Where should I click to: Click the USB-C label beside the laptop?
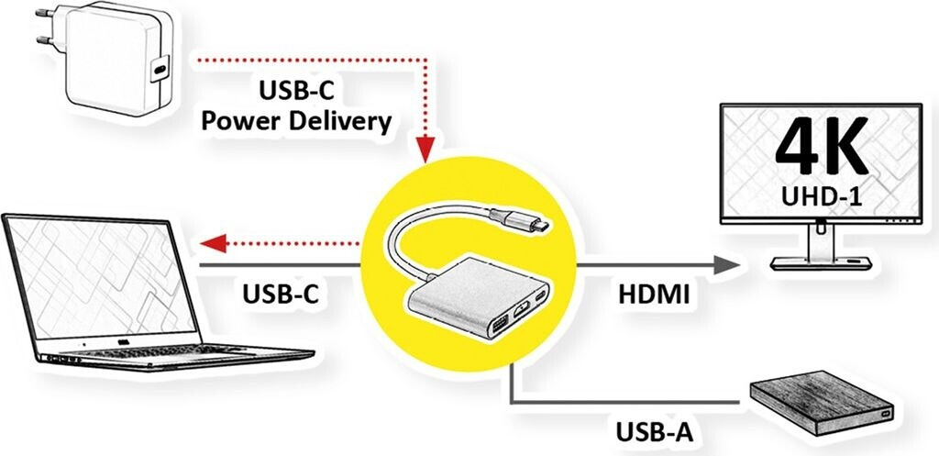coord(285,295)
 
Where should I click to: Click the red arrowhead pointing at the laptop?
coord(214,243)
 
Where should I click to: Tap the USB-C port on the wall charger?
coord(161,69)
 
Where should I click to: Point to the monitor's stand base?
coord(818,262)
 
